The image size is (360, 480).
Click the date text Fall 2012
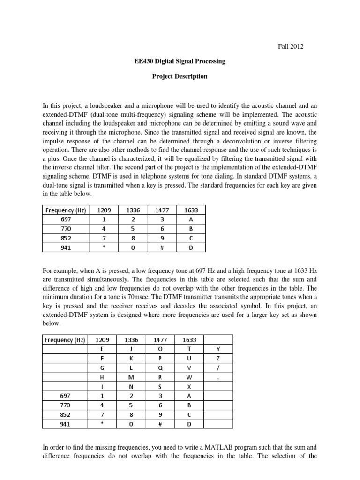point(291,46)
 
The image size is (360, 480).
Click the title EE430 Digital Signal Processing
point(180,61)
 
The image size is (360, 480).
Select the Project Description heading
point(180,76)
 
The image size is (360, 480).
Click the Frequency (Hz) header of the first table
point(66,210)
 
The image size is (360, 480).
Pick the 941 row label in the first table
point(66,247)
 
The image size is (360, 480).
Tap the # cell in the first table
point(162,247)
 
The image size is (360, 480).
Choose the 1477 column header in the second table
point(162,340)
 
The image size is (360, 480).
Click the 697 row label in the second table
point(66,396)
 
